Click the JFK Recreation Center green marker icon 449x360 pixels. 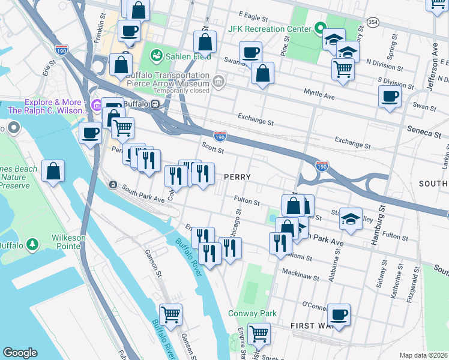click(x=320, y=28)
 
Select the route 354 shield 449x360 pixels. click(x=373, y=22)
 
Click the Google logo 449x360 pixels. click(x=20, y=353)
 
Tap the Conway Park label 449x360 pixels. click(x=252, y=313)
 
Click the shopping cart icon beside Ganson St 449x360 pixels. click(x=171, y=314)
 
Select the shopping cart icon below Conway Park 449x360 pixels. click(x=259, y=333)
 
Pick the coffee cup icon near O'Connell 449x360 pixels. click(x=339, y=314)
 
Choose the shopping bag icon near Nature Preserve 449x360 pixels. click(x=53, y=171)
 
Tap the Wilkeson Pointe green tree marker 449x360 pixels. click(x=32, y=244)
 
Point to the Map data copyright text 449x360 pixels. click(x=423, y=355)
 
